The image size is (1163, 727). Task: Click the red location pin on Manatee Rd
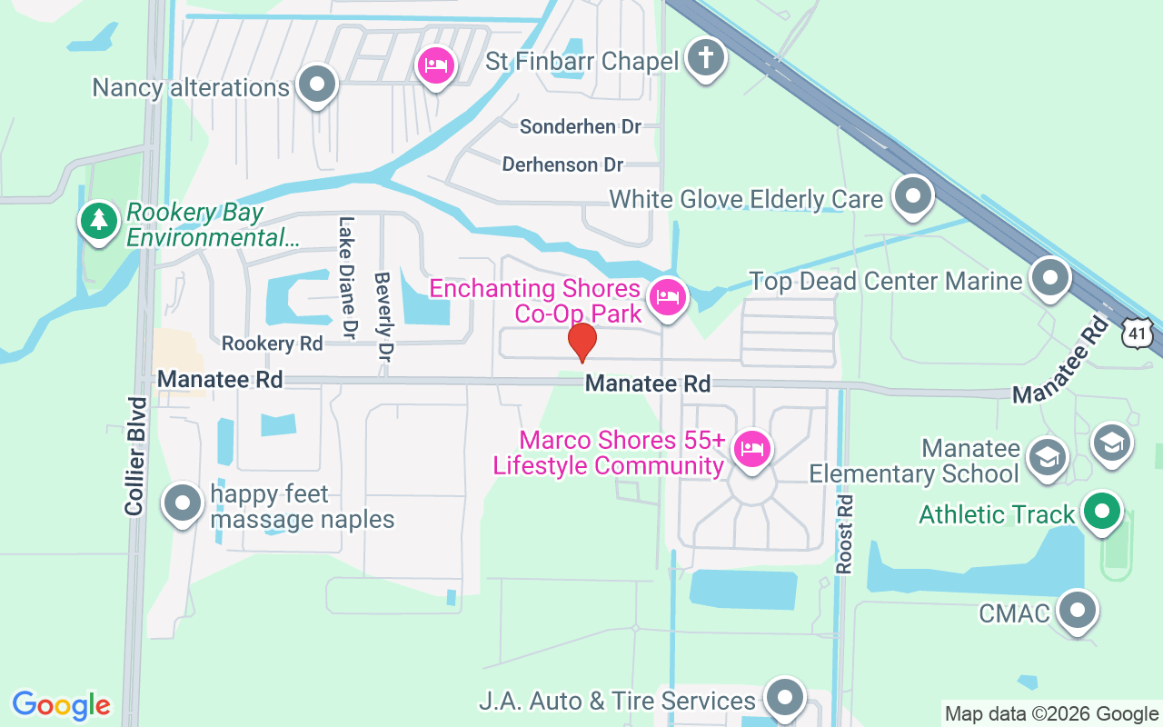(x=581, y=343)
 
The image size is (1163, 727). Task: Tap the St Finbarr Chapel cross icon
(x=706, y=59)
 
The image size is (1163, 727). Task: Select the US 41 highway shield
(x=1137, y=333)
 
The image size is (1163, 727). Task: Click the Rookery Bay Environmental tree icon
(x=98, y=221)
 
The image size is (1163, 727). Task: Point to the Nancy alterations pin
(x=317, y=85)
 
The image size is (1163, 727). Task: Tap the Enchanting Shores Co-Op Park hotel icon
(x=668, y=297)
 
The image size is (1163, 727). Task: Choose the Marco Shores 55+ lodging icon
(x=751, y=449)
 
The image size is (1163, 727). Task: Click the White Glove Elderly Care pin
(x=913, y=196)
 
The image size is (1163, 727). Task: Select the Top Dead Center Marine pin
(x=1051, y=278)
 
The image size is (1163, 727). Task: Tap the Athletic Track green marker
(x=1102, y=511)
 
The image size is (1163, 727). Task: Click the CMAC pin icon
(x=1079, y=610)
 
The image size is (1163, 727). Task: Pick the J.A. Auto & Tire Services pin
(x=784, y=698)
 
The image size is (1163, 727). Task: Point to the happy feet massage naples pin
(x=183, y=503)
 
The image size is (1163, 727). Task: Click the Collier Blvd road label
(x=136, y=456)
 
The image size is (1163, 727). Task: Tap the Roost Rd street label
(x=845, y=533)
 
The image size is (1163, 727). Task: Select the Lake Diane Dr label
(x=346, y=278)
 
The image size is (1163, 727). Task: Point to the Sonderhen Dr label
(x=581, y=126)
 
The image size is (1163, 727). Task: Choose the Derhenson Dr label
(x=563, y=164)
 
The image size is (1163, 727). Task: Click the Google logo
(x=62, y=705)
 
